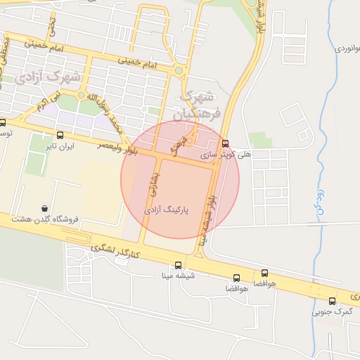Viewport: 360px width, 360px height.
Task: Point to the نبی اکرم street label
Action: pyautogui.click(x=35, y=107)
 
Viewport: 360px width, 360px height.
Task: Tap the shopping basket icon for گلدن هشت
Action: pyautogui.click(x=46, y=209)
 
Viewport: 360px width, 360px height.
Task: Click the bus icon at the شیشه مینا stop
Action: pyautogui.click(x=178, y=266)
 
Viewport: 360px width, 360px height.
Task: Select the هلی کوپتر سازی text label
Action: pyautogui.click(x=224, y=153)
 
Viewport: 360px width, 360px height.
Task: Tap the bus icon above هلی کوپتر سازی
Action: pyautogui.click(x=225, y=143)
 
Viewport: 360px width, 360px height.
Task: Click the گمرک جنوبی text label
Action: pyautogui.click(x=332, y=311)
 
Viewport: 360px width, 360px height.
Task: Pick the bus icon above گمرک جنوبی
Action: pyautogui.click(x=332, y=301)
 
